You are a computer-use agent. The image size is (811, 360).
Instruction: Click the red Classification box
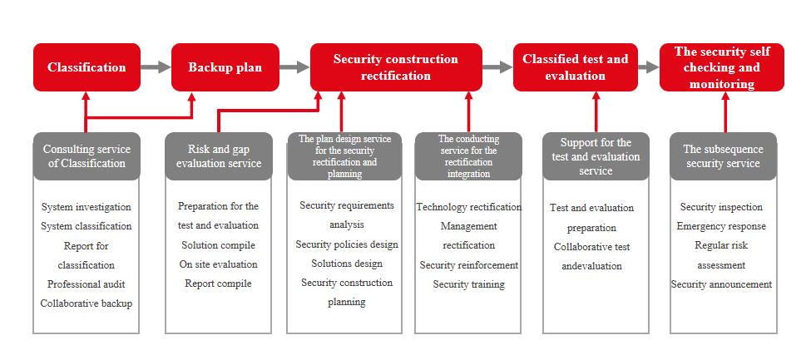coord(87,67)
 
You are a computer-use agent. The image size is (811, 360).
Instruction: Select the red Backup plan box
coord(225,67)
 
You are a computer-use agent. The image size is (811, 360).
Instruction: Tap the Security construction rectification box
coord(396,67)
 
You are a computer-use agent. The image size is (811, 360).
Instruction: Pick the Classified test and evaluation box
coord(575,67)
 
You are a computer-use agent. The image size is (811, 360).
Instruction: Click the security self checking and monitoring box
coord(722,67)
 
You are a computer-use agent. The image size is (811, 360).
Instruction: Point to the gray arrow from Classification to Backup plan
coord(156,67)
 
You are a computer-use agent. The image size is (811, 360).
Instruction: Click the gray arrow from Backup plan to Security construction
coord(294,67)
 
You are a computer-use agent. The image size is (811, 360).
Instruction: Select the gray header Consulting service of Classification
coord(87,156)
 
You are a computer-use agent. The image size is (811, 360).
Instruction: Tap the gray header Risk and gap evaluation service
coord(219,156)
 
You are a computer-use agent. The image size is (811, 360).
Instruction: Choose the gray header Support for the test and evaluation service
coord(596,156)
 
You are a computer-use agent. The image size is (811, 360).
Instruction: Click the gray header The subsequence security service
coord(723,156)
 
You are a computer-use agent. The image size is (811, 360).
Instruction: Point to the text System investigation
coord(87,207)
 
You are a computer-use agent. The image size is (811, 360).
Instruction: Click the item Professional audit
coord(87,284)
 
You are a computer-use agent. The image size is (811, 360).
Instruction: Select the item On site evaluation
coord(218,264)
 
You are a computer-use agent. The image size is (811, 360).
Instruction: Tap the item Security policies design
coord(347,244)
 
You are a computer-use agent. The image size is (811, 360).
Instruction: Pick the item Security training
coord(468,284)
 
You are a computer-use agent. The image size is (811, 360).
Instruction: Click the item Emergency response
coord(721,226)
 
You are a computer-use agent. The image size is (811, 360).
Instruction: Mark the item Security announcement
coord(721,284)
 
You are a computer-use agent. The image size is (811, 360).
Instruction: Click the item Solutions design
coord(347,264)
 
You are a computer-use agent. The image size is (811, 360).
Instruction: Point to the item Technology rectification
coord(468,207)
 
